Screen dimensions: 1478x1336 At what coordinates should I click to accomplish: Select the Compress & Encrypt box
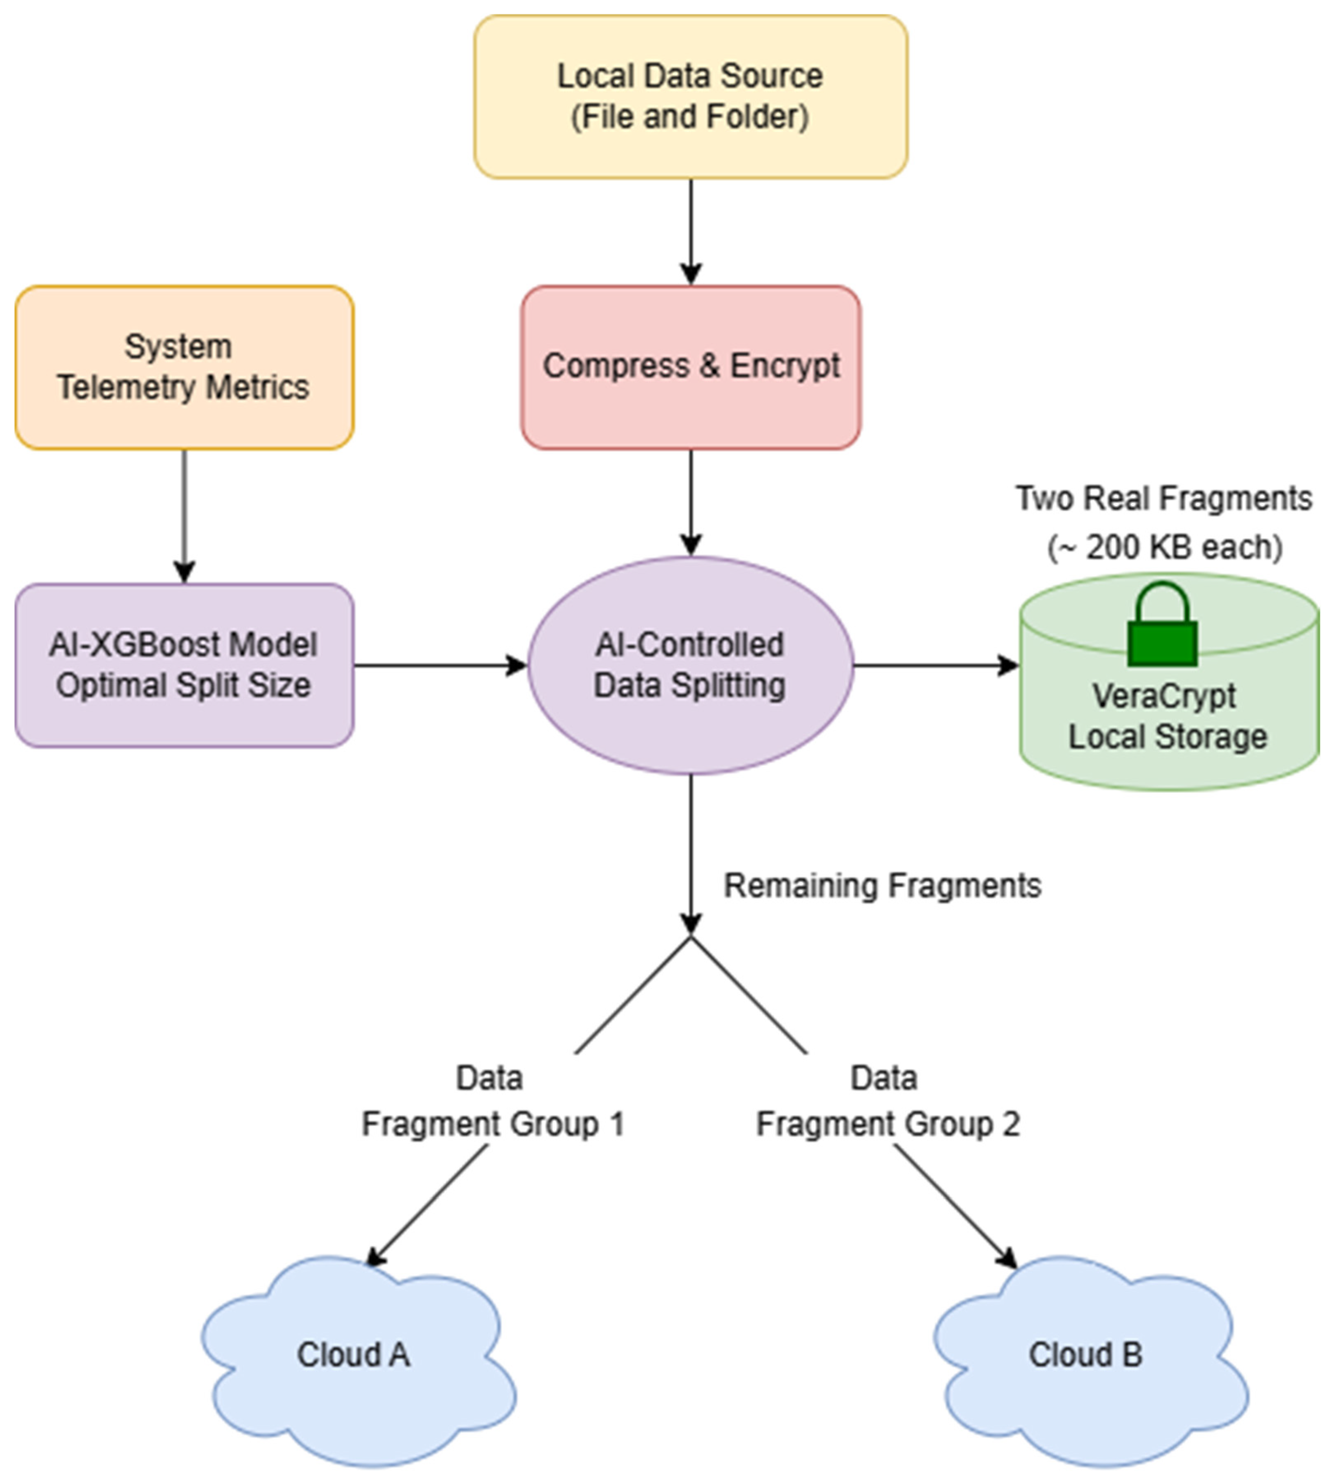coord(690,367)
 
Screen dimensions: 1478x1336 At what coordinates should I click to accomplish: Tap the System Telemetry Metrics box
coord(184,367)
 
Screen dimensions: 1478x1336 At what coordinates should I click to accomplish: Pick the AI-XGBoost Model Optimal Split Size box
coord(184,665)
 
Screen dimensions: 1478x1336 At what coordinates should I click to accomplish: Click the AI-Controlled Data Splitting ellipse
coord(690,665)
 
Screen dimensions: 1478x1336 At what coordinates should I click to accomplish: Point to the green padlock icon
coord(1162,627)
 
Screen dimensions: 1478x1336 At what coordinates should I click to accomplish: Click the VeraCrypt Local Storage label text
coord(1166,716)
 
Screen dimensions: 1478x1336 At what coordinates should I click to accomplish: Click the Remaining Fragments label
coord(882,886)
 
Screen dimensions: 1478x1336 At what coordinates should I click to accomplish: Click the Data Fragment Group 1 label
coord(493,1101)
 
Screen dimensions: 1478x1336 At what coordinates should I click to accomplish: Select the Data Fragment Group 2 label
coord(887,1101)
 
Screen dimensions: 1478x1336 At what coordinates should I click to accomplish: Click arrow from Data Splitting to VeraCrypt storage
coord(935,665)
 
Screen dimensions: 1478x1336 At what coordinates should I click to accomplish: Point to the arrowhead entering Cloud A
coord(375,1256)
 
